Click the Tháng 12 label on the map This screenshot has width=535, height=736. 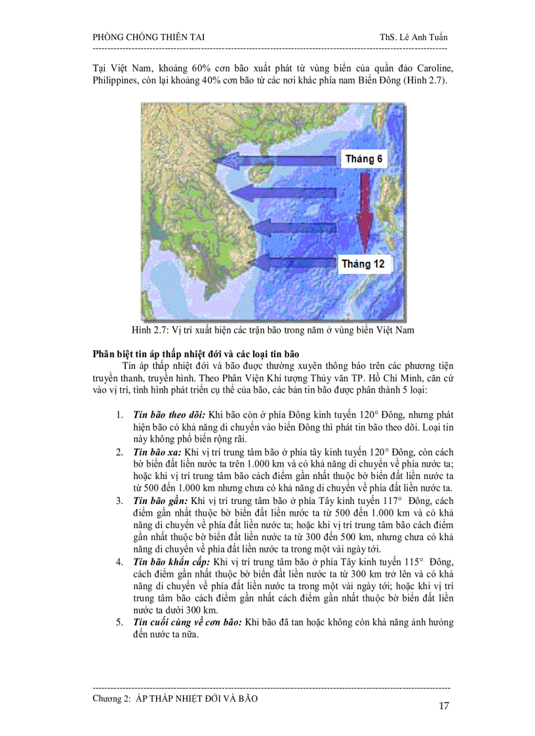[x=363, y=264]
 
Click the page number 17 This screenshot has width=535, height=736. [x=443, y=706]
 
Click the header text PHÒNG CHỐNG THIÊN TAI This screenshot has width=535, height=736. [x=149, y=37]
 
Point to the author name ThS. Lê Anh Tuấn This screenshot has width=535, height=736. [x=409, y=37]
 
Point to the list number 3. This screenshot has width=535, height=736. [x=119, y=501]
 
